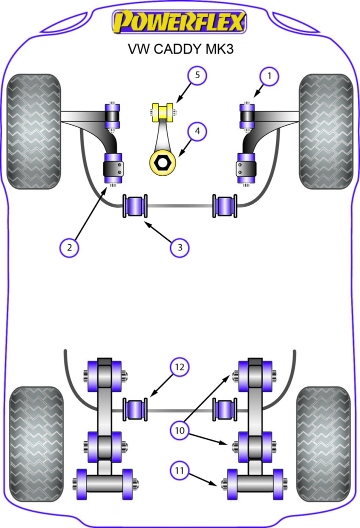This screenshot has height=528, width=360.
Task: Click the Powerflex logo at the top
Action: point(179,22)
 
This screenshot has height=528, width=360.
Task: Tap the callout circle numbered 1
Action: point(269,77)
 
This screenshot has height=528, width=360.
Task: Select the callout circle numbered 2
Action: point(69,246)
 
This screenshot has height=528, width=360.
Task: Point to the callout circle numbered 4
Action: point(197,131)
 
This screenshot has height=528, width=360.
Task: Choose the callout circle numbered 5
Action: point(197,76)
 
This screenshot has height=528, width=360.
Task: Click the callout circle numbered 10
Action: point(179,429)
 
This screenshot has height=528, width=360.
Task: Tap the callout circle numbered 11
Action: point(179,470)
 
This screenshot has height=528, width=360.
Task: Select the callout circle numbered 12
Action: point(179,367)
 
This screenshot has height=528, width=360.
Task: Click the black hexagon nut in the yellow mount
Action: point(163,162)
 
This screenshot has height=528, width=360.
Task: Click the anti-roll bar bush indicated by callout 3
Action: point(135,206)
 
